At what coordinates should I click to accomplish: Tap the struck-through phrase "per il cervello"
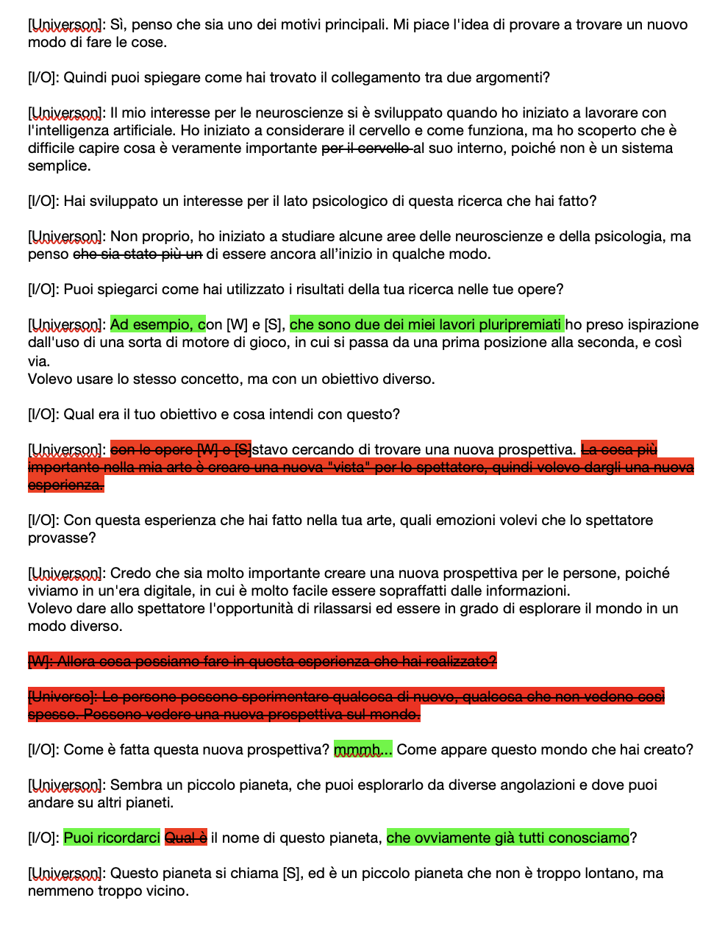366,148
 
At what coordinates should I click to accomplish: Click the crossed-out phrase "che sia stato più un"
137,254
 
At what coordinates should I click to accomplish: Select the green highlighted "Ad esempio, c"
157,324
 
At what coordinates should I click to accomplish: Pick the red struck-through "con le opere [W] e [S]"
181,449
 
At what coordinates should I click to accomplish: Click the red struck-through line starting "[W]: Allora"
262,661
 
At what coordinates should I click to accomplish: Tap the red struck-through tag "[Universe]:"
63,696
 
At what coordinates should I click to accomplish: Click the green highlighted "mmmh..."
363,749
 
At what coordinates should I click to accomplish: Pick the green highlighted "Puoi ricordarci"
112,838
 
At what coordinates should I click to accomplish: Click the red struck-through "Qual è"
185,838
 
